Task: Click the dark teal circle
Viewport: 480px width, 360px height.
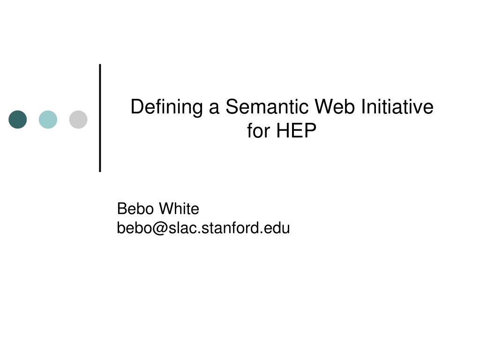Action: coord(18,120)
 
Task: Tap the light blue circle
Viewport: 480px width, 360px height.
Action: coord(48,120)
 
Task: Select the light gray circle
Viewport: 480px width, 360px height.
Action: coord(78,120)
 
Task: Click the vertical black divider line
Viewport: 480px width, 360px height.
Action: coord(100,118)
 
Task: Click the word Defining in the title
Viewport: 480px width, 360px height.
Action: coord(166,107)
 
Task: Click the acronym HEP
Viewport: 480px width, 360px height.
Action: coord(296,131)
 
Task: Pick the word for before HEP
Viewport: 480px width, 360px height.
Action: coord(258,131)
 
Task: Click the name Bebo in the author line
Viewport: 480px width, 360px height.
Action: coord(135,209)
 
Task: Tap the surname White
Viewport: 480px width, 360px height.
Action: coord(179,209)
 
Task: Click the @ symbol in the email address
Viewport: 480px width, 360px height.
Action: coord(160,228)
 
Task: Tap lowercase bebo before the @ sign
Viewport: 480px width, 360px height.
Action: coord(135,228)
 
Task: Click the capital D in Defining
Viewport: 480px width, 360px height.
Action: coord(137,107)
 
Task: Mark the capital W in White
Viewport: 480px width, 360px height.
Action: coord(168,209)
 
